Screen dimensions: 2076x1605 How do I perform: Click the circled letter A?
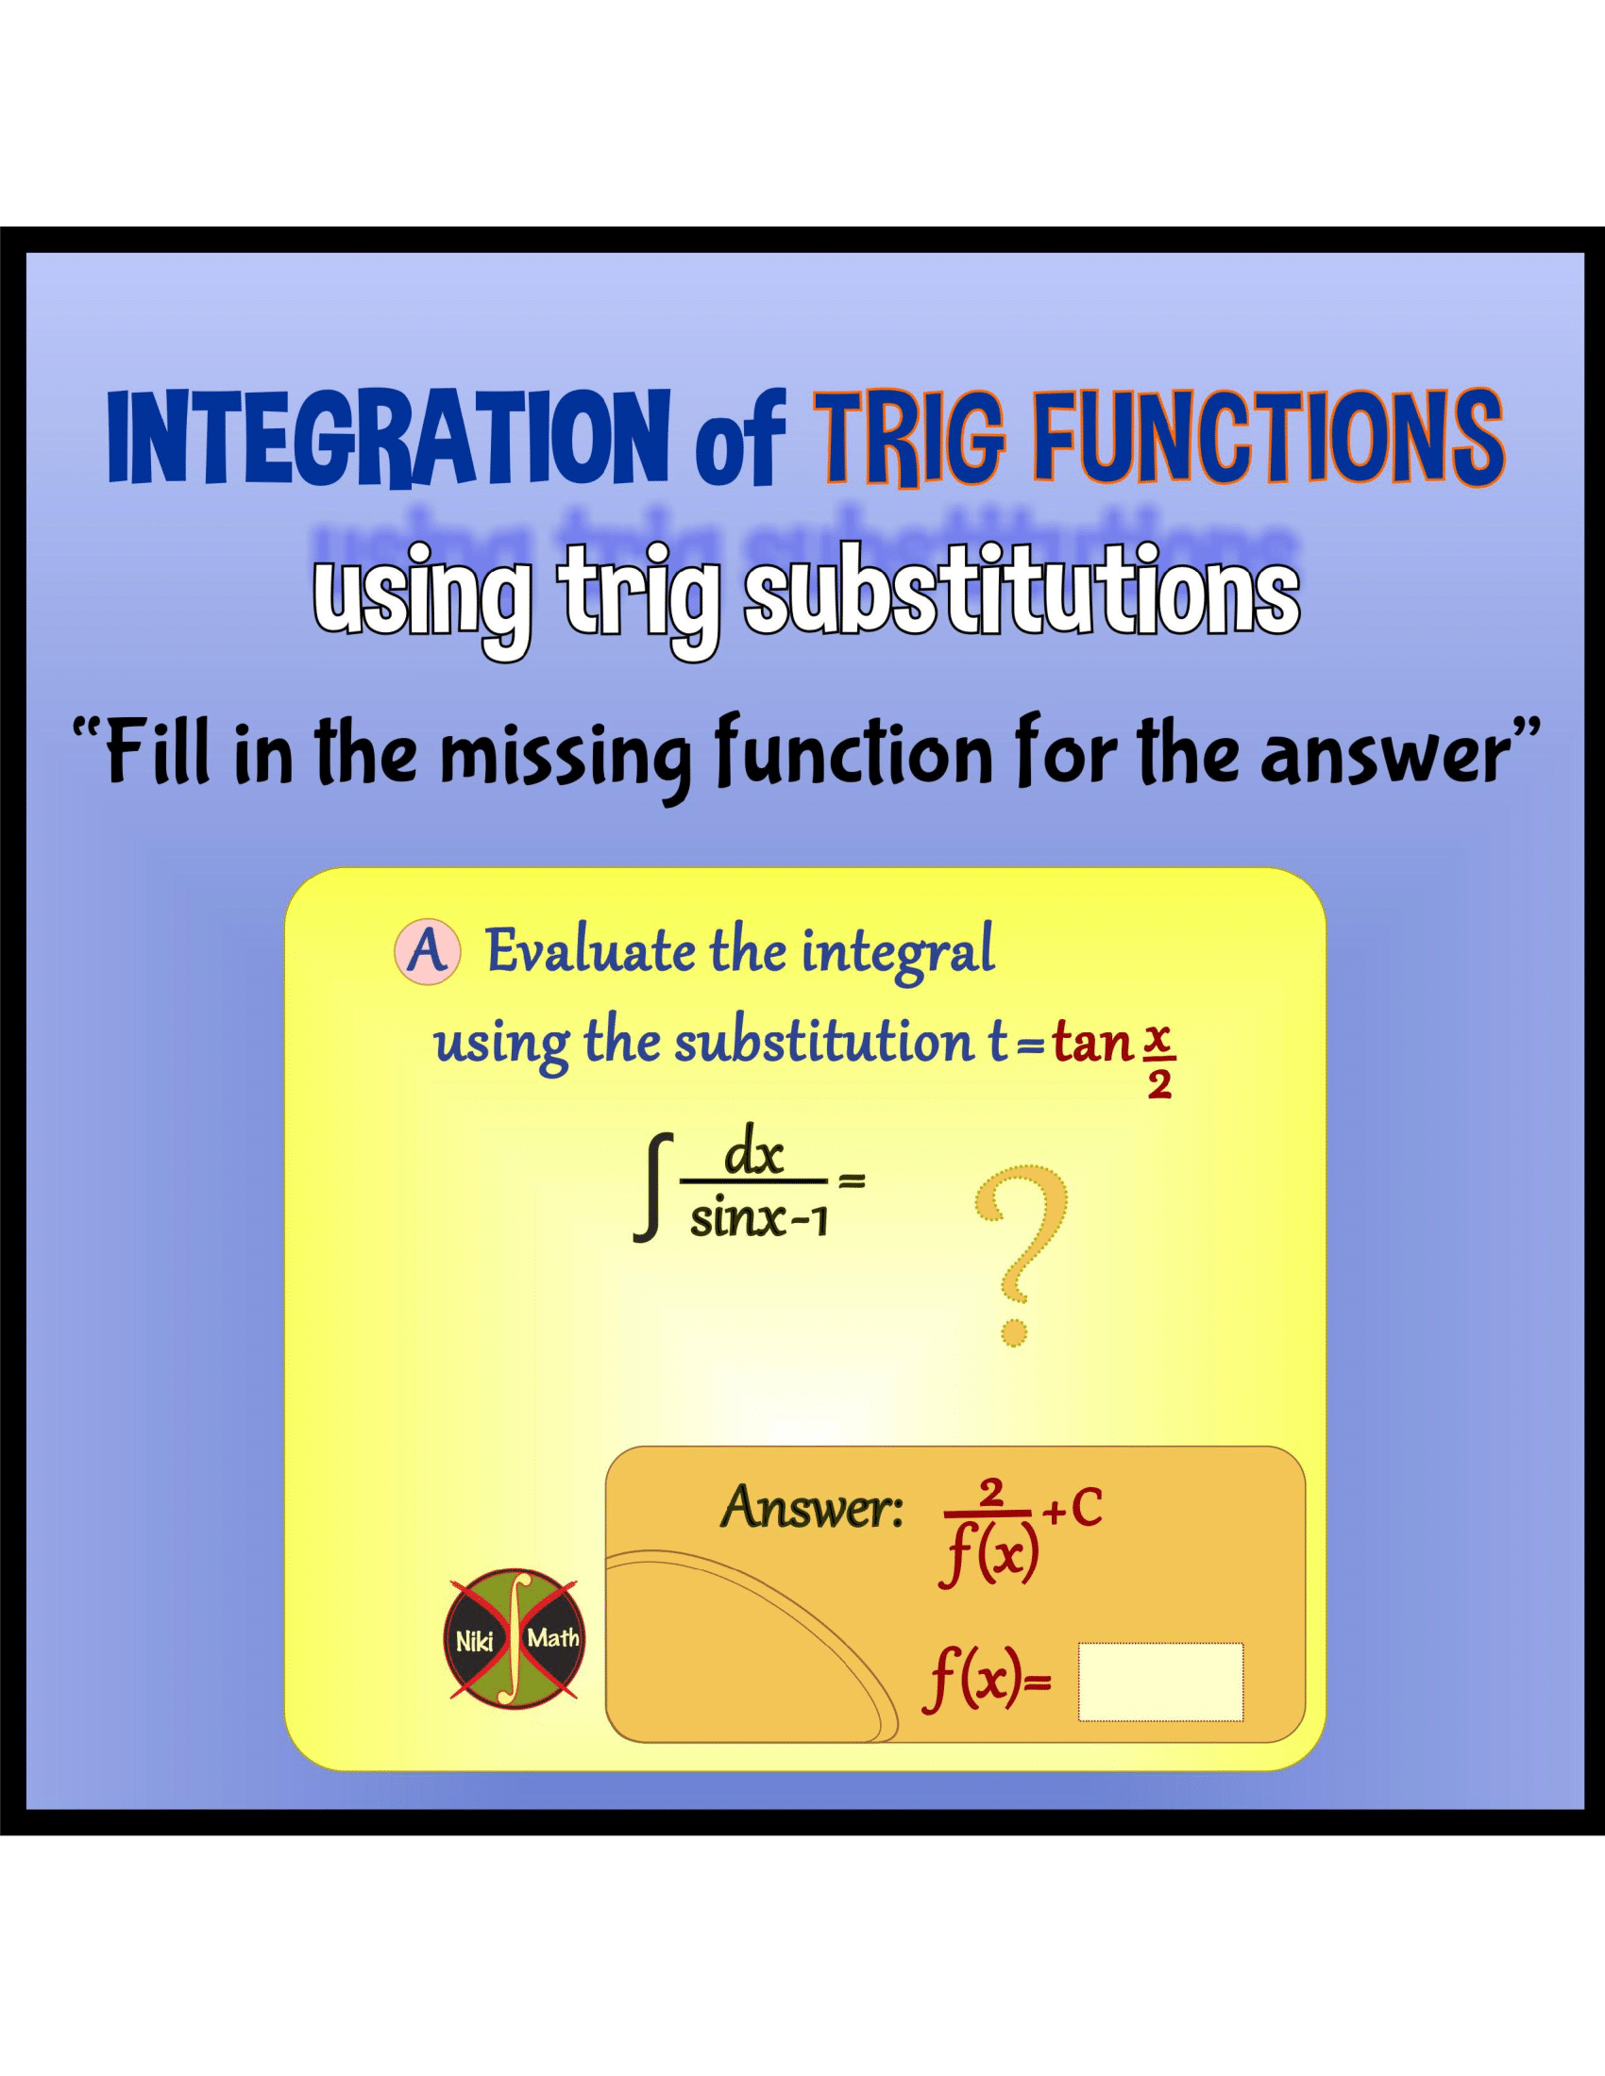click(427, 951)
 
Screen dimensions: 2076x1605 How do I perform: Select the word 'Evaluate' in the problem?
click(590, 951)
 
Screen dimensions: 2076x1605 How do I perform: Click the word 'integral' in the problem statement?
click(898, 953)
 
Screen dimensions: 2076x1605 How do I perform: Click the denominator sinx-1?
click(758, 1219)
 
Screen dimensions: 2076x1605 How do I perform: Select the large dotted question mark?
click(1021, 1253)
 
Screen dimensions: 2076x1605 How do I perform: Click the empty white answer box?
click(1160, 1682)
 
